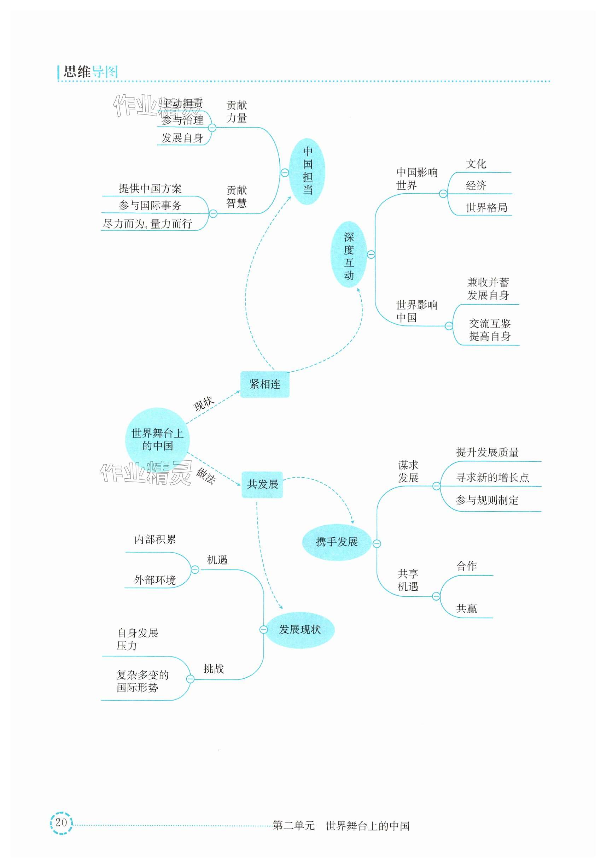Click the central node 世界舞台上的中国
pos(157,440)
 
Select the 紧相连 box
pos(265,384)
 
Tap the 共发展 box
pos(262,484)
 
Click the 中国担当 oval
pos(308,171)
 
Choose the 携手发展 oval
pos(337,542)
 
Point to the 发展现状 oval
pos(299,629)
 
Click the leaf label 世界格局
pos(486,208)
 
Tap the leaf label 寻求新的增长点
pos(492,477)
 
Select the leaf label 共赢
pos(467,608)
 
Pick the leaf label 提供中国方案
pos(150,188)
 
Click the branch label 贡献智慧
pos(237,197)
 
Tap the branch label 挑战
pos(214,669)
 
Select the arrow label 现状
pos(204,404)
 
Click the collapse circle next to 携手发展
pos(377,544)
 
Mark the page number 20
pos(61,822)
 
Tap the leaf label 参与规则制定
pos(487,500)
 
